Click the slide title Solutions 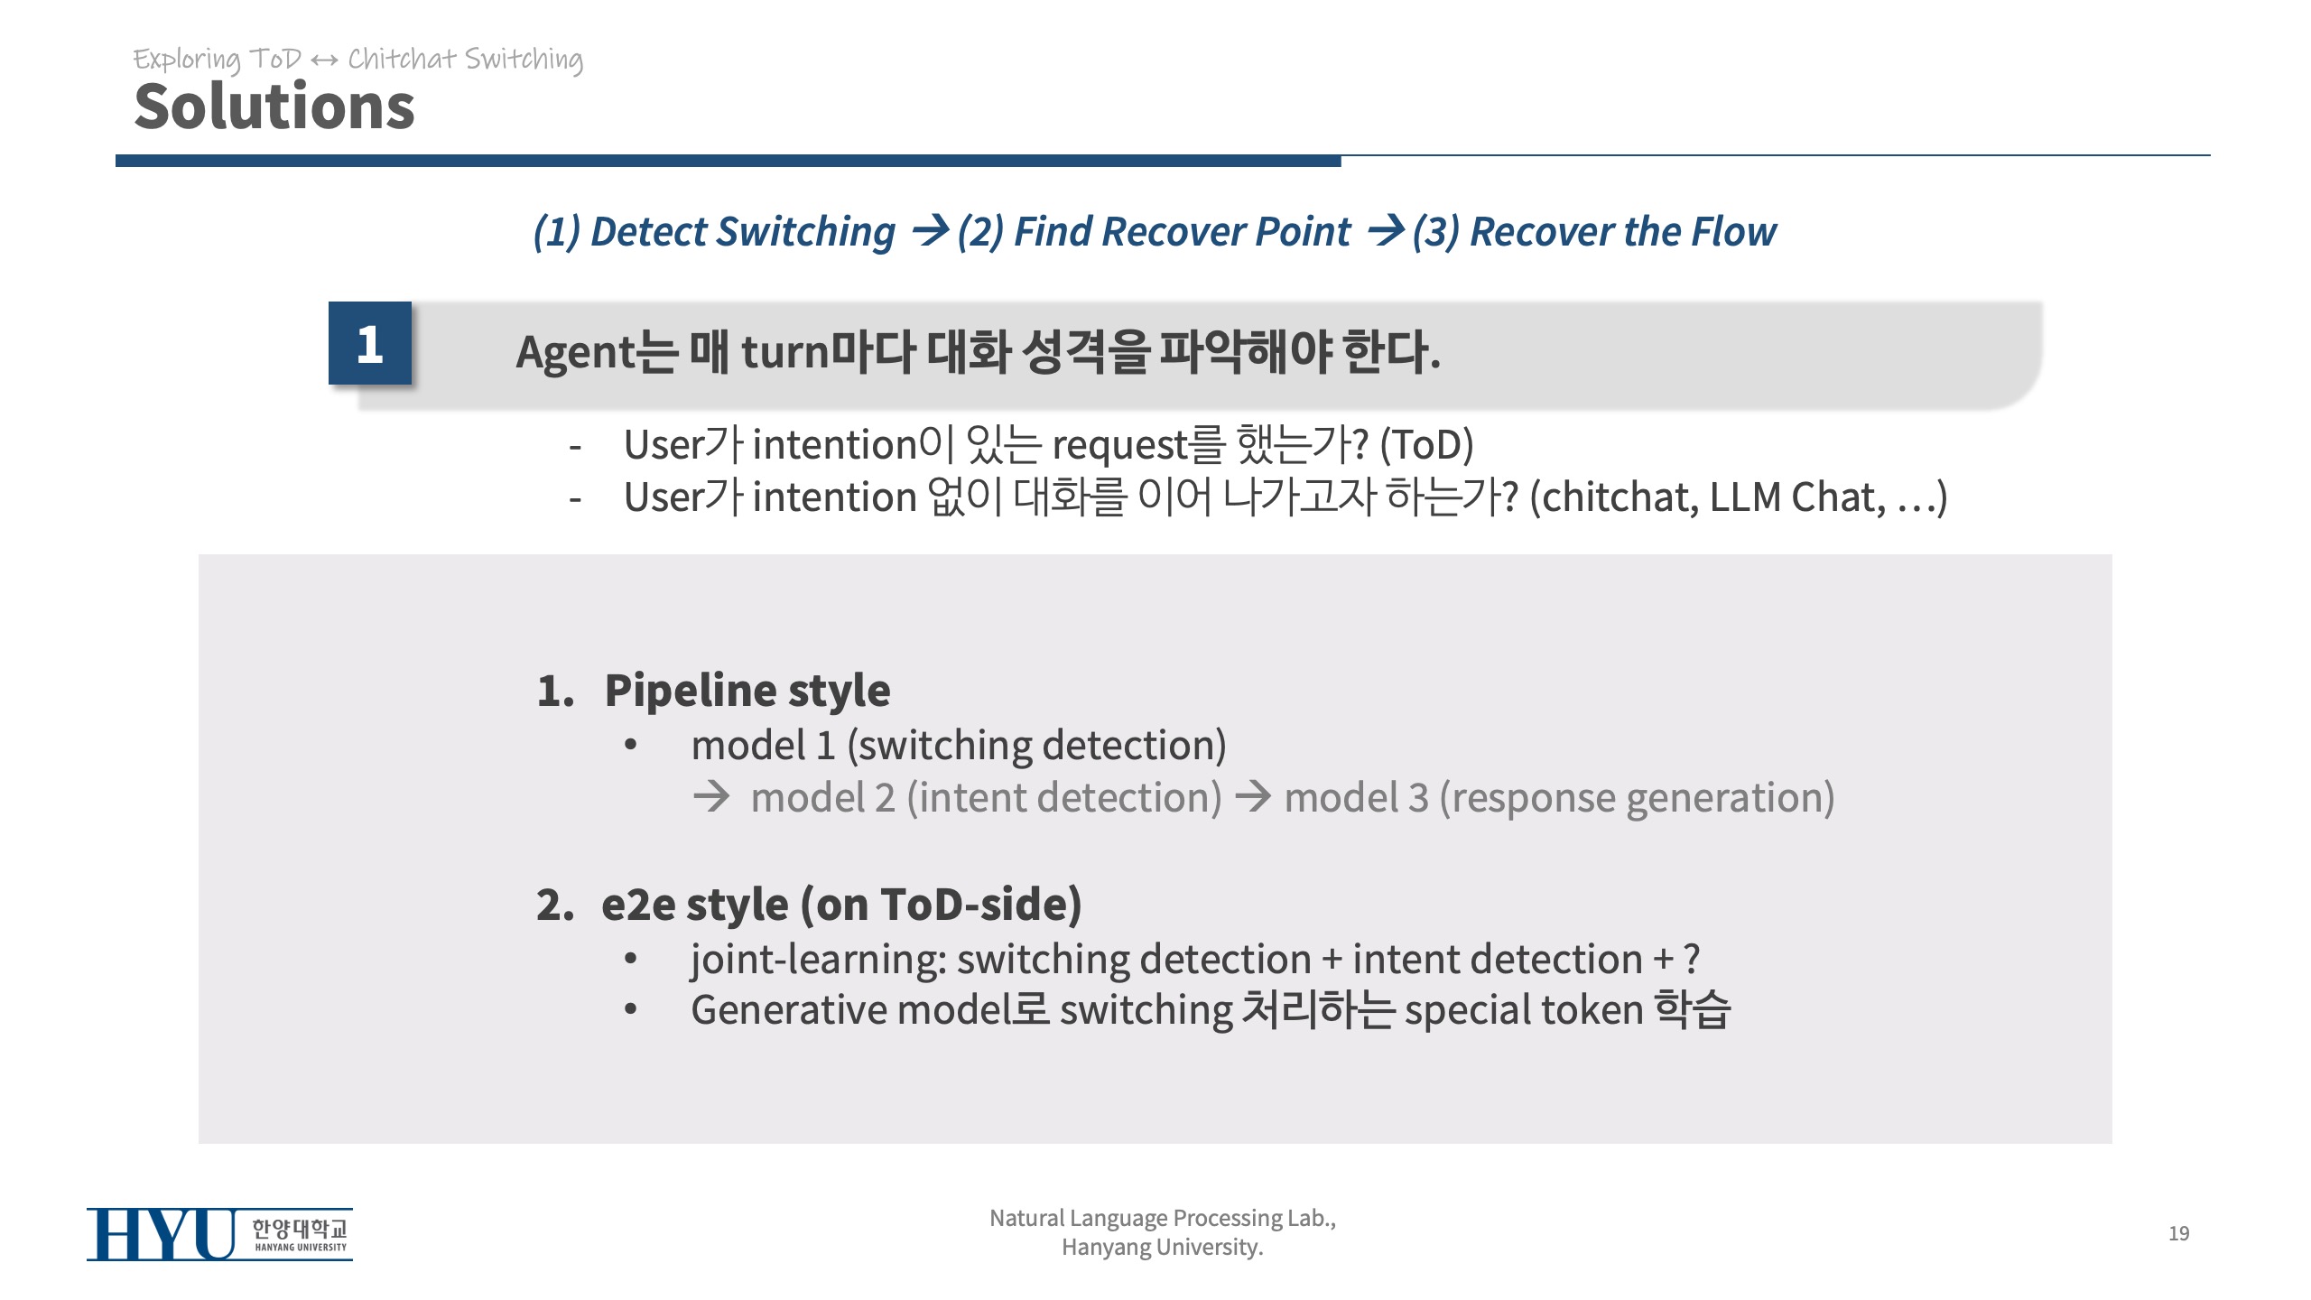pos(274,107)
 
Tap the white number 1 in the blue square pos(369,345)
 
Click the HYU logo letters pos(161,1234)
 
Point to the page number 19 pos(2178,1233)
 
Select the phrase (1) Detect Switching pos(714,232)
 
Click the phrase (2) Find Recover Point pos(1154,232)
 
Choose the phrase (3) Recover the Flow pos(1594,232)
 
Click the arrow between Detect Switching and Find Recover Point pos(930,231)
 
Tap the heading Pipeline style pos(747,691)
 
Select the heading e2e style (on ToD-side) pos(841,905)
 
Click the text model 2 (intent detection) pos(986,798)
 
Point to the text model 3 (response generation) pos(1559,798)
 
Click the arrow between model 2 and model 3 pos(1253,796)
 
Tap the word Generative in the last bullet pos(788,1009)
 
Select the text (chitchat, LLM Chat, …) pos(1738,497)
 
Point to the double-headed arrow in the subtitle pos(324,60)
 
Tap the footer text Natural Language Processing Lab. pos(1163,1218)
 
